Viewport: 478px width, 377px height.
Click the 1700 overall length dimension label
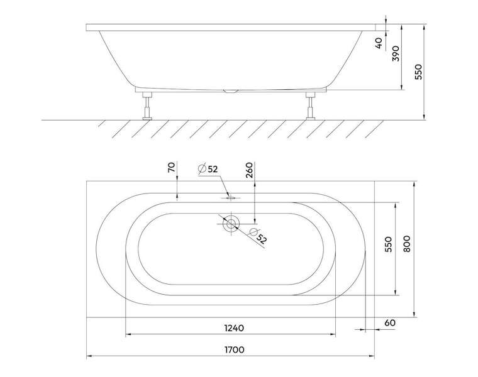[x=235, y=349]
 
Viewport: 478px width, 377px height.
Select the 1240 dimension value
[x=234, y=328]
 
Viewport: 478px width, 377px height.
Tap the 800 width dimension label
[x=407, y=244]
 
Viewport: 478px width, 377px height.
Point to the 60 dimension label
[x=389, y=323]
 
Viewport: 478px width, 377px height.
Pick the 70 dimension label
[x=172, y=167]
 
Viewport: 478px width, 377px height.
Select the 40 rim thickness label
[x=379, y=43]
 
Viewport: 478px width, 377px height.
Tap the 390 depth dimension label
[x=396, y=53]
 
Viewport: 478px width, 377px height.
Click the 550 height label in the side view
[x=419, y=72]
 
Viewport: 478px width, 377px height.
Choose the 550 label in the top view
[x=389, y=244]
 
